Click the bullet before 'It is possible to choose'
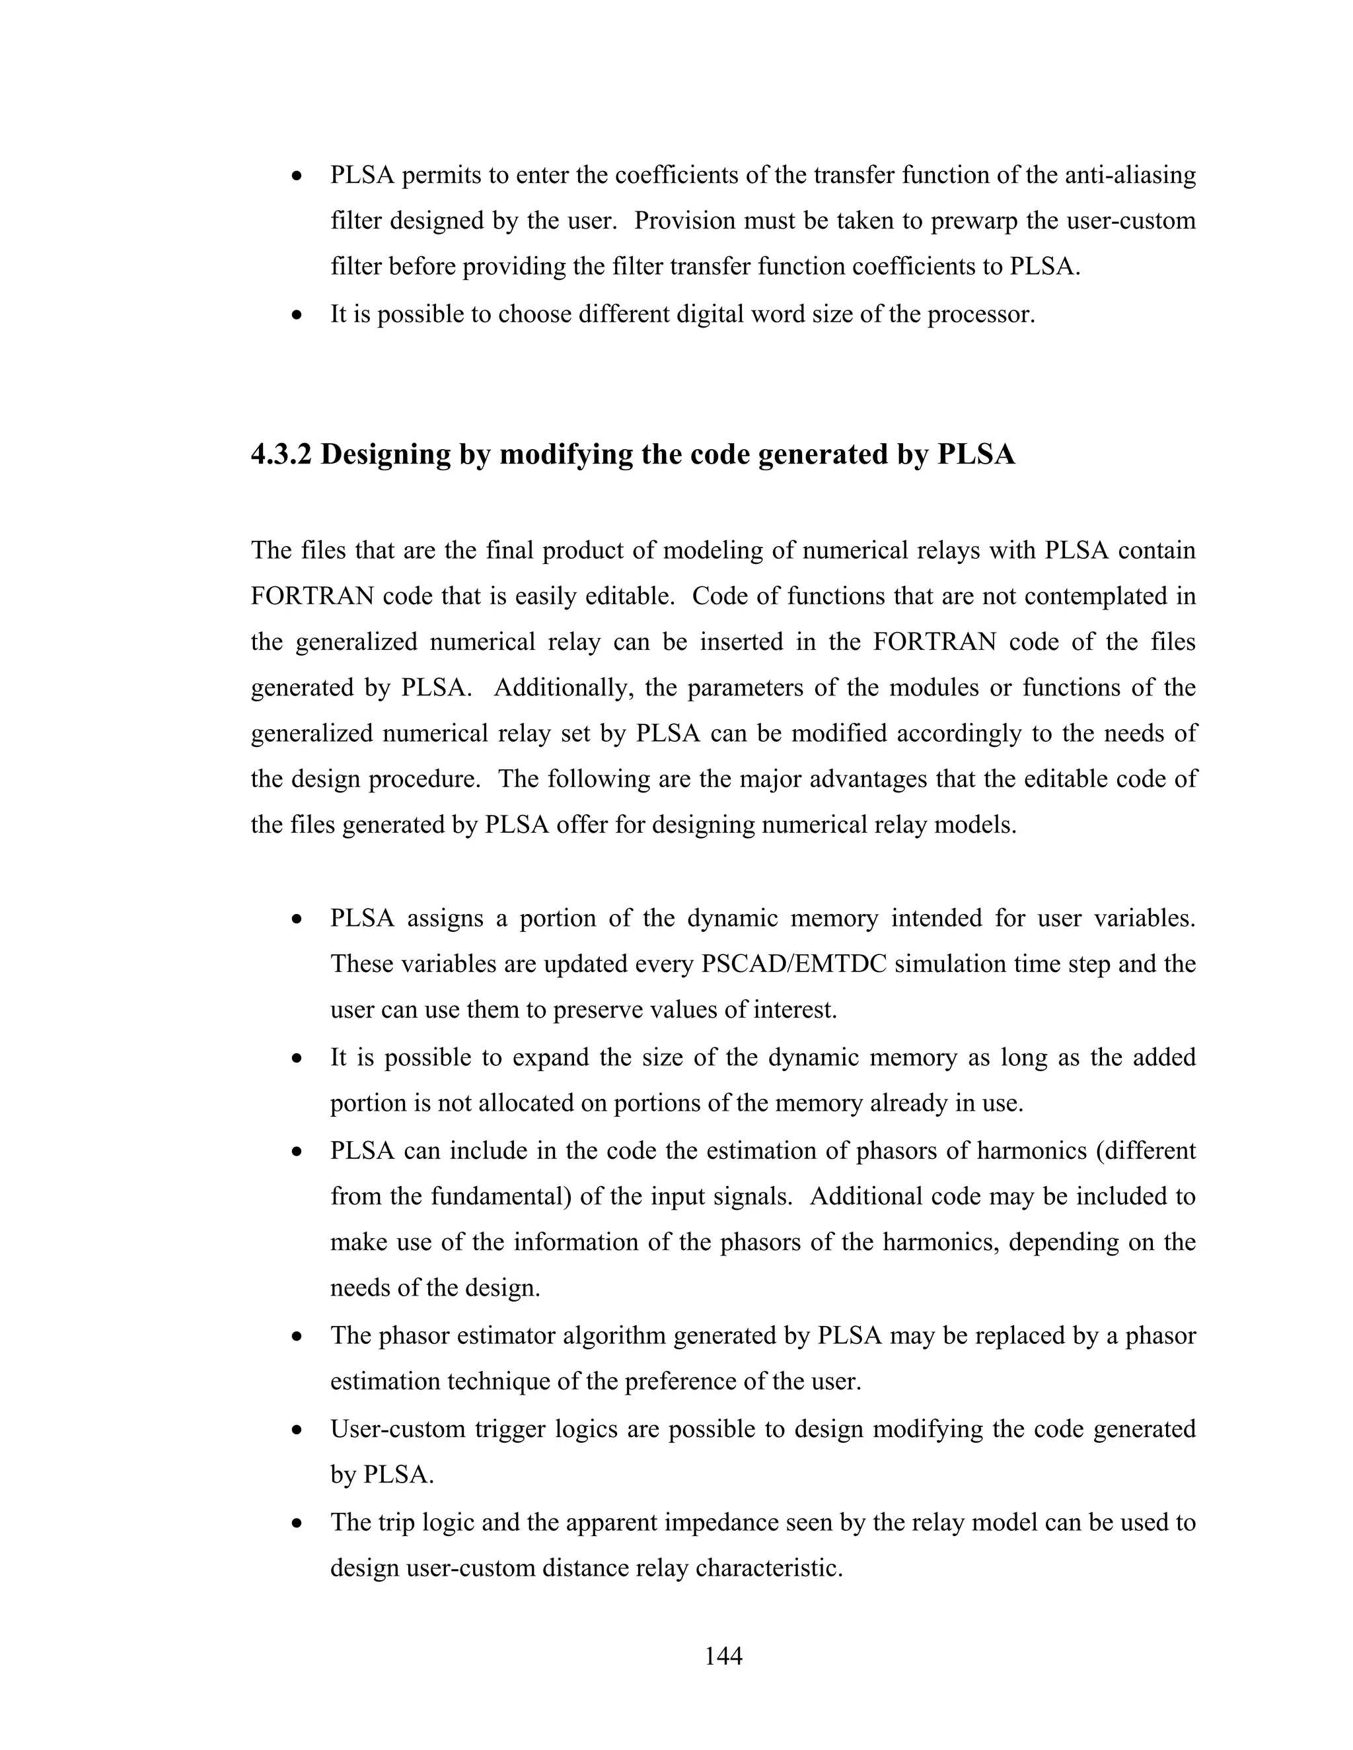tap(297, 315)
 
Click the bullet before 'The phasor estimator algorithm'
tap(297, 1337)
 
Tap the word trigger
tap(511, 1428)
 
